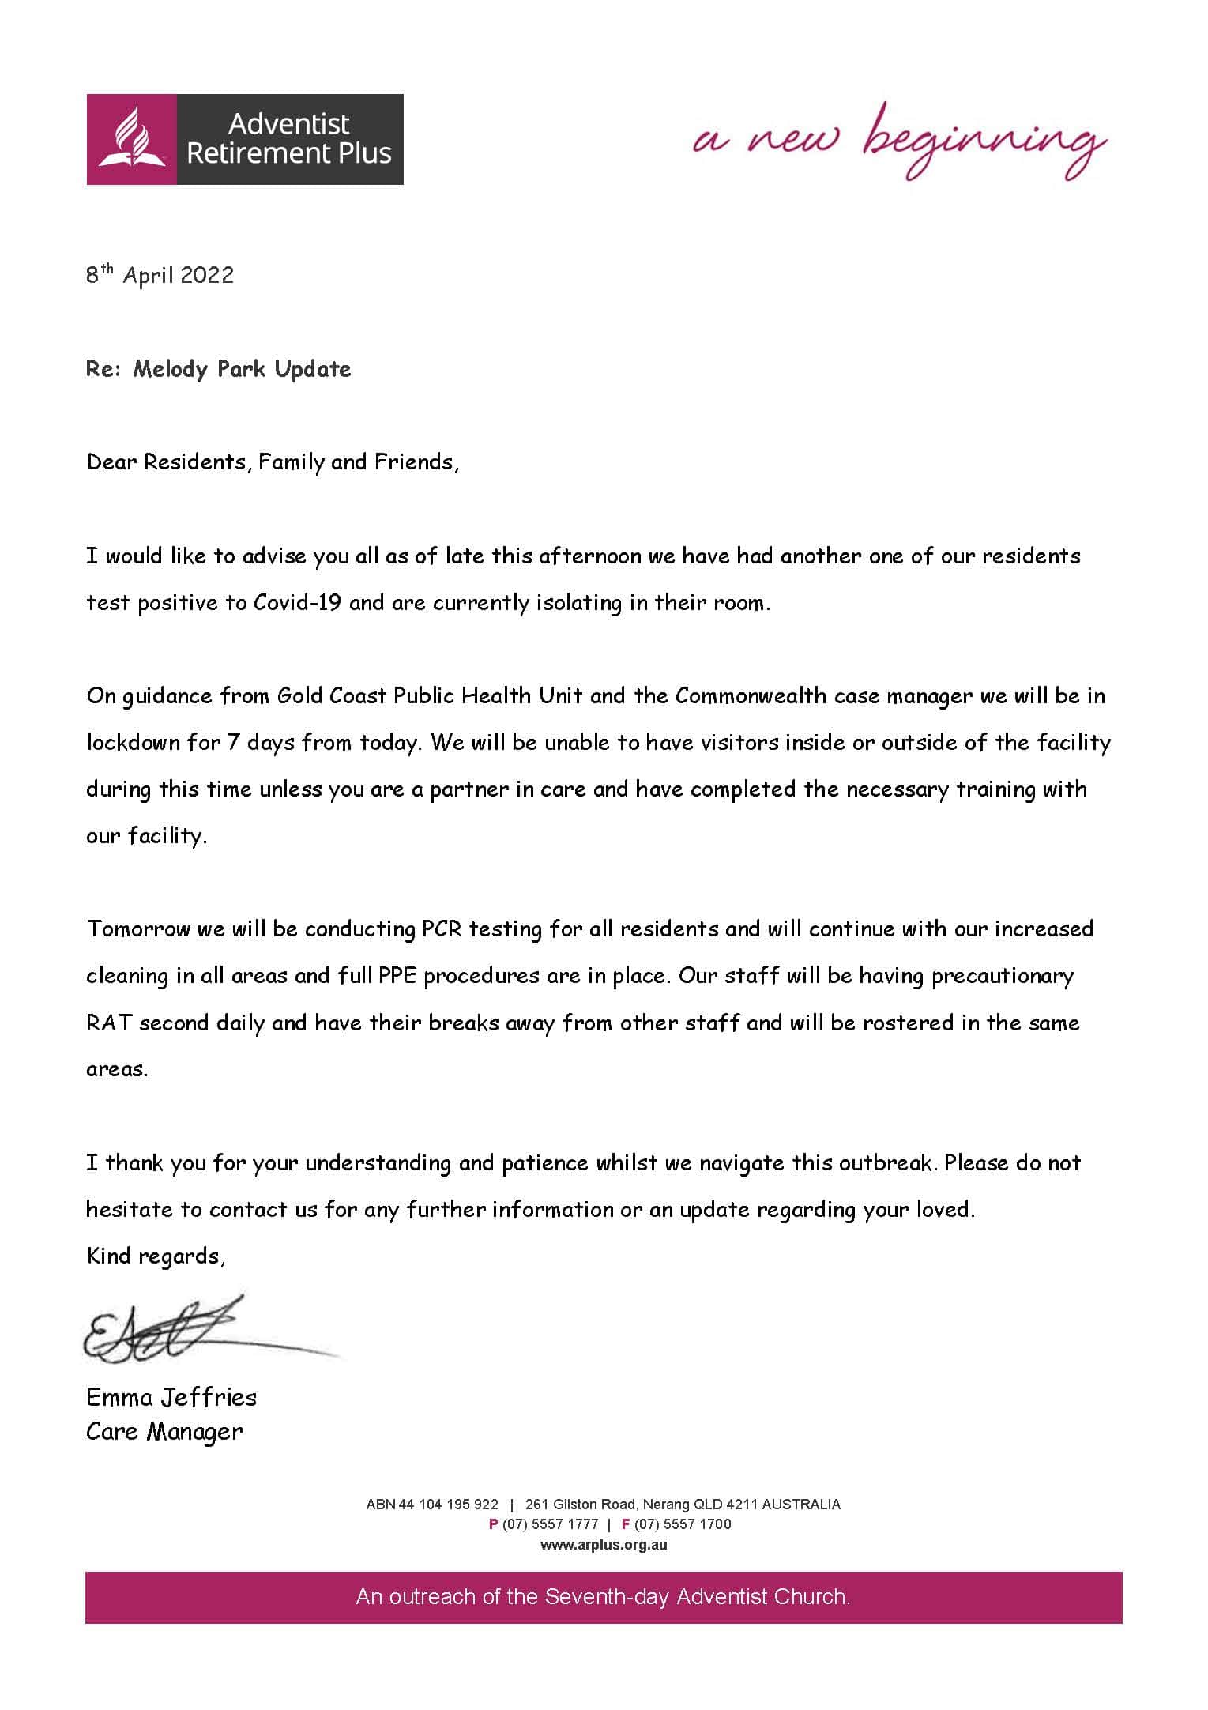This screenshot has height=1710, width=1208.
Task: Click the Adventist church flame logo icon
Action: point(131,139)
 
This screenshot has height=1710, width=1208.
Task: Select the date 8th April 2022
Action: point(160,275)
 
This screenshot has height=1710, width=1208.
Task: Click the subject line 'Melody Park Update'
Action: point(242,369)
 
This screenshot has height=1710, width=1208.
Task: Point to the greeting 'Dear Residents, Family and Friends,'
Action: point(273,462)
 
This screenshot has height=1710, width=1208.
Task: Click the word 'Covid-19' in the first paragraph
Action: point(297,603)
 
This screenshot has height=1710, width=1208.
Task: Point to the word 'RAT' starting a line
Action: point(109,1023)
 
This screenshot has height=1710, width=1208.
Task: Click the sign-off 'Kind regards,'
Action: point(156,1256)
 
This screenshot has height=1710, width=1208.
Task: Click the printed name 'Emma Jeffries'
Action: point(171,1398)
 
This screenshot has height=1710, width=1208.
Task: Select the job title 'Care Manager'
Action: point(164,1432)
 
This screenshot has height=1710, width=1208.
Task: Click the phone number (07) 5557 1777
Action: point(550,1524)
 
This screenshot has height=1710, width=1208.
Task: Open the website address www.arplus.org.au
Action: point(604,1545)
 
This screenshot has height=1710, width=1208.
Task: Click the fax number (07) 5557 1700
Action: point(683,1524)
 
